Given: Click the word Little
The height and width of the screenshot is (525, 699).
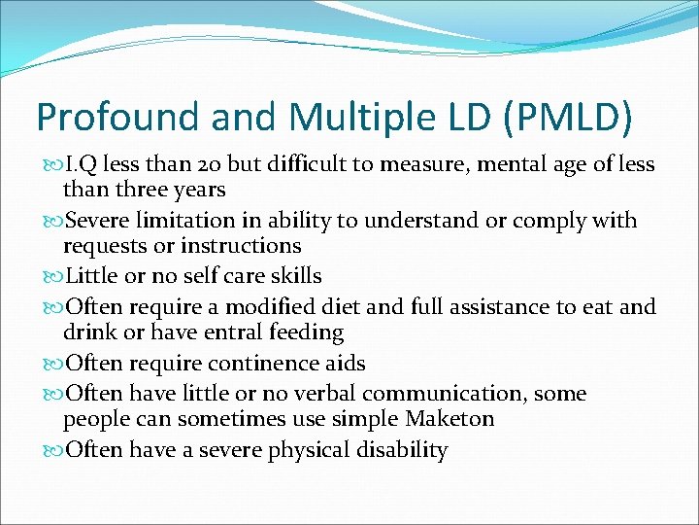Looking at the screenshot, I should [93, 277].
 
